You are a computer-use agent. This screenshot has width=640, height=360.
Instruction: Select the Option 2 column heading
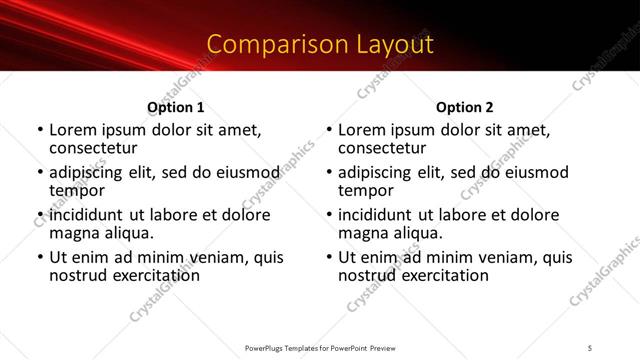[464, 107]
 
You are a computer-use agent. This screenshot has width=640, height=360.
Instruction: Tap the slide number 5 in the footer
[590, 346]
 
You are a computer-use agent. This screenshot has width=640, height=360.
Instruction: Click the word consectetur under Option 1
[93, 149]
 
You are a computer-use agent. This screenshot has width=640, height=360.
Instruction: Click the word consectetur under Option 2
[382, 149]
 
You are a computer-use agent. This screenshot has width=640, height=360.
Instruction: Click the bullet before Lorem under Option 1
[40, 131]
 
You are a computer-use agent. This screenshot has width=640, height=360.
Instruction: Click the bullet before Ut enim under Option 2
[329, 257]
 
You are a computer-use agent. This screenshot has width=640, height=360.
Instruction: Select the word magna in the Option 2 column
[363, 233]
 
